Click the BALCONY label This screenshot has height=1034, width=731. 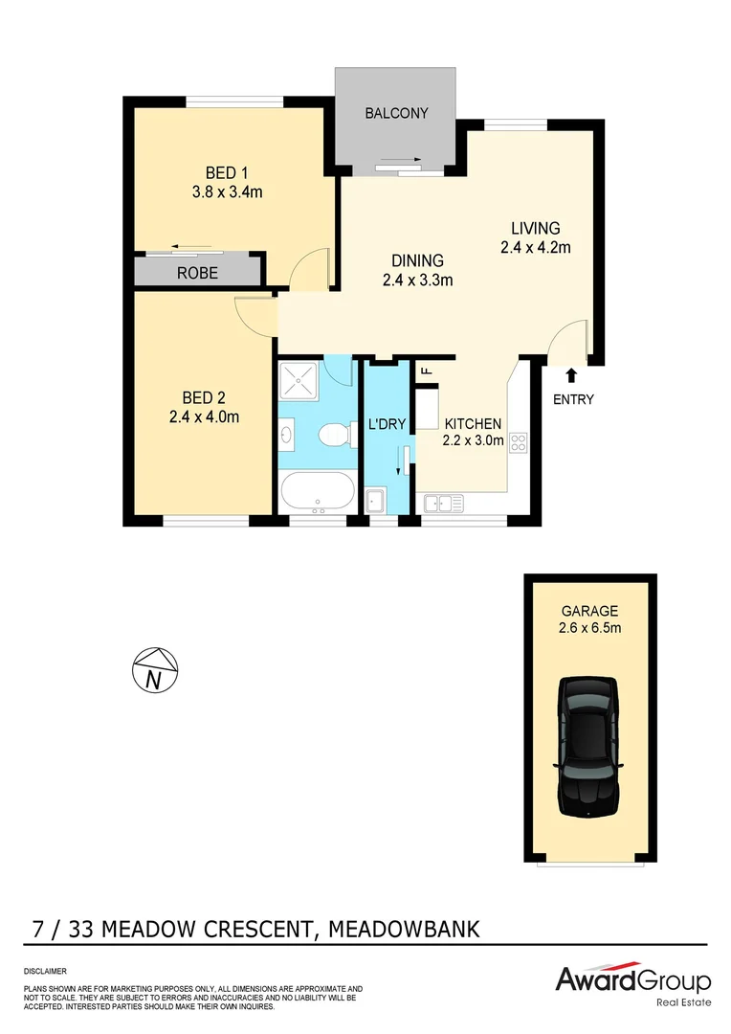[x=396, y=113]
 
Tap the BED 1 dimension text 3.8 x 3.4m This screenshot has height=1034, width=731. [x=227, y=191]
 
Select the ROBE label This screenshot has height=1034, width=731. [x=198, y=273]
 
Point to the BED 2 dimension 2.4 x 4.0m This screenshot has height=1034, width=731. [x=203, y=416]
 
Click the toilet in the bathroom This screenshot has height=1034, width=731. [x=330, y=437]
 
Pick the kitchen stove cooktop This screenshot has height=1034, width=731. [x=519, y=442]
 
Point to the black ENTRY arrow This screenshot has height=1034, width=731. [x=572, y=375]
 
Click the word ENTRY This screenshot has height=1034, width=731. [x=573, y=399]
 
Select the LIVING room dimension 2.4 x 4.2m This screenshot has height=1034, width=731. [x=535, y=247]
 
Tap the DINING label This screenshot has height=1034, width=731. [x=418, y=260]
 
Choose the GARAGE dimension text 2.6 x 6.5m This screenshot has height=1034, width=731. [x=590, y=628]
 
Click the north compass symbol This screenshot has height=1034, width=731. [x=155, y=669]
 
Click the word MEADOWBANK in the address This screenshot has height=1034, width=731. [x=403, y=929]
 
